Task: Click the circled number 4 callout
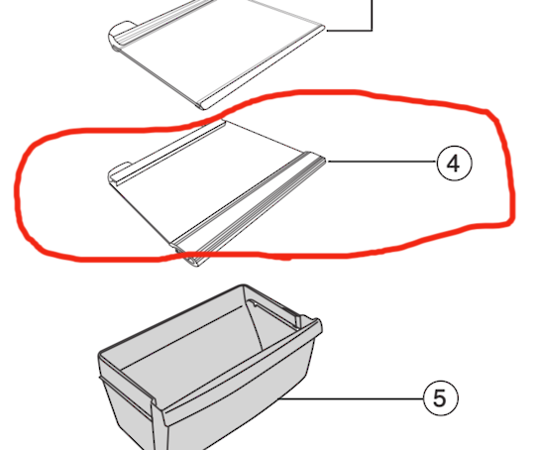(x=454, y=163)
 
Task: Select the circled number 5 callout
(x=440, y=398)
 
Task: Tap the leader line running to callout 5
(x=357, y=398)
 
